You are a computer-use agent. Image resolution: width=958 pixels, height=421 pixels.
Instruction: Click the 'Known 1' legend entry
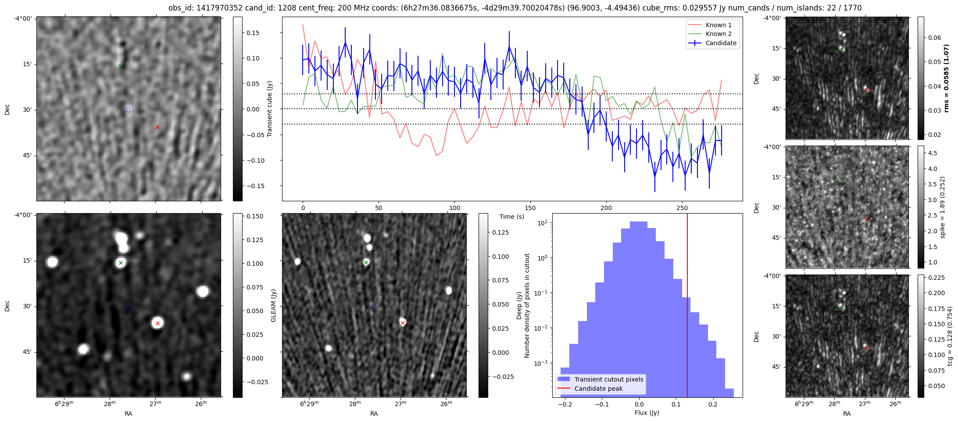click(x=718, y=25)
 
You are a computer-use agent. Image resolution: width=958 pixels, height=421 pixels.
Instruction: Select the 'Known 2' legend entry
click(x=718, y=34)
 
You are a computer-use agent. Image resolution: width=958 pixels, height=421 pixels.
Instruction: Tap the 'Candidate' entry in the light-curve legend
click(x=721, y=43)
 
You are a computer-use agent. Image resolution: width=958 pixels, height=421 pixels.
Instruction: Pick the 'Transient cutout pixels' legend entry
click(x=608, y=379)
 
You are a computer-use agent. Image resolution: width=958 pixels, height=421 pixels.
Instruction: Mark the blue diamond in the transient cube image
click(x=128, y=110)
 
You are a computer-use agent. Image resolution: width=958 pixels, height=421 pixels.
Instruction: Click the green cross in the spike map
click(x=842, y=179)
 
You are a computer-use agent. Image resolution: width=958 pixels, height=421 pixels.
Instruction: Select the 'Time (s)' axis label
click(x=511, y=217)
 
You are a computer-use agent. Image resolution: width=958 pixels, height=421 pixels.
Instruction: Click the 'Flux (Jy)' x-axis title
click(x=647, y=413)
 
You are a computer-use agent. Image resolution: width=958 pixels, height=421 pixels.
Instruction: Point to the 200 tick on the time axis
click(x=606, y=208)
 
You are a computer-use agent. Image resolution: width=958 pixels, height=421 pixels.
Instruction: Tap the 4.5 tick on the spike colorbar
click(x=933, y=153)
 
